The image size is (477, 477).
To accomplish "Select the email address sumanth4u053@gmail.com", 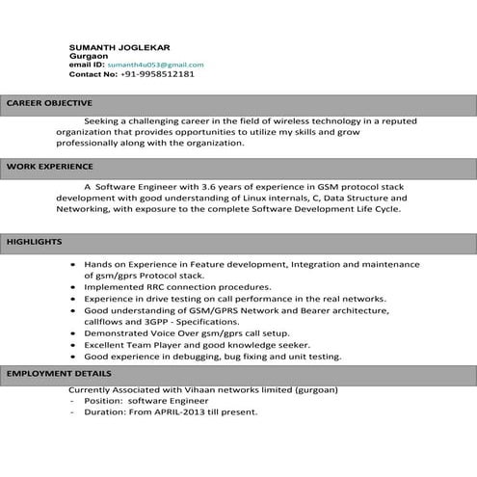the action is [155, 65].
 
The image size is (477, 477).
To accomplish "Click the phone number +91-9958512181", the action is [157, 74].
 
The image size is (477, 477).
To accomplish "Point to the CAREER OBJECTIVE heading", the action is [49, 103].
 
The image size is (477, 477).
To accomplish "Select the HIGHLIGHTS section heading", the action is [35, 241].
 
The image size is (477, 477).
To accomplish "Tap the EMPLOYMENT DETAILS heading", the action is [59, 373].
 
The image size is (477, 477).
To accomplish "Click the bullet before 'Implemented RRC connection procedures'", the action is [75, 287].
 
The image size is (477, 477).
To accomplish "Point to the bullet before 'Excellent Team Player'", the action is [75, 344].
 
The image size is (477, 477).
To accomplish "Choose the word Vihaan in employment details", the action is [192, 390].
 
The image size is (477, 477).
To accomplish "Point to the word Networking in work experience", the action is [82, 208].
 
